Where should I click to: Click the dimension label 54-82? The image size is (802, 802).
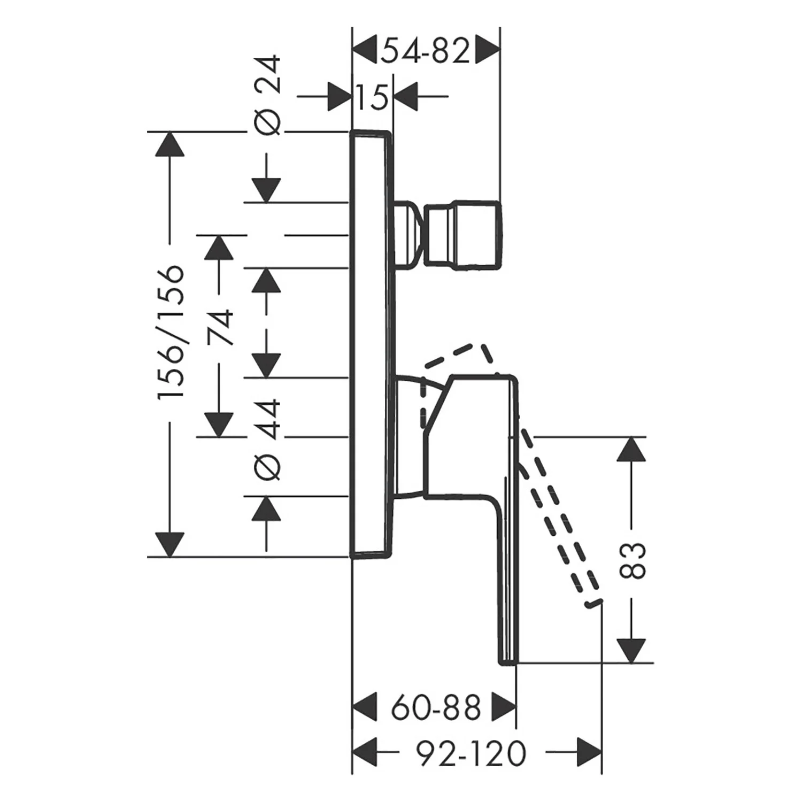click(426, 51)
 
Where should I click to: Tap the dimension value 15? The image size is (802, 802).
click(372, 97)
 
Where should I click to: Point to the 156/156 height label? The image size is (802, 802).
click(171, 331)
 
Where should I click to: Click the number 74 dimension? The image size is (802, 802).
click(220, 327)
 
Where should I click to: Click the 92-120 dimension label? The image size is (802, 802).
click(471, 753)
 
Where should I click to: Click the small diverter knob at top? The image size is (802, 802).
click(463, 234)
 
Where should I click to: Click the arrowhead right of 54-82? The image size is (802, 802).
click(487, 51)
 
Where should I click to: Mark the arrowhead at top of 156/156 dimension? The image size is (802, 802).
click(169, 144)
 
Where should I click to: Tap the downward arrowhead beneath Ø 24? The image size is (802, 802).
click(267, 190)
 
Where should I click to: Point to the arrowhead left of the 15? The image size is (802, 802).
click(339, 97)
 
